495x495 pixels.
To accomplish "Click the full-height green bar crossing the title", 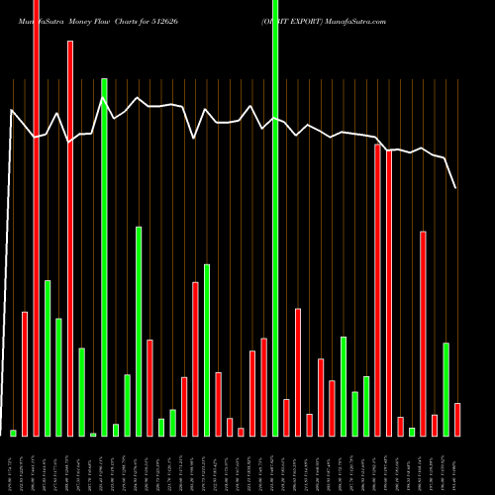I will point(275,218).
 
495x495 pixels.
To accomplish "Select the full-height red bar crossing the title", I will point(36,218).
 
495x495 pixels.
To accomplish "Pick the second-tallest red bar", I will point(69,238).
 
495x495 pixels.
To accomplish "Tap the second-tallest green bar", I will point(104,257).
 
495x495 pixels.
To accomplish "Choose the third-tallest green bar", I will point(139,332).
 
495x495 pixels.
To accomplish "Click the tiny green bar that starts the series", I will point(13,433).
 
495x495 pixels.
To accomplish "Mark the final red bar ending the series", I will point(457,420).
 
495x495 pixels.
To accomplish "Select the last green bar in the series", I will point(445,389).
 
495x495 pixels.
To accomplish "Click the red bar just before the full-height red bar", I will point(25,374).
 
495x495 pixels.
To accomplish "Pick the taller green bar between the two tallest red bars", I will point(48,358).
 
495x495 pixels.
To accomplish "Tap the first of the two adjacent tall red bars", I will point(378,290).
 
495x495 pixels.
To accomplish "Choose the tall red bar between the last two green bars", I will point(423,334).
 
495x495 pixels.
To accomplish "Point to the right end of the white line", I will point(456,187).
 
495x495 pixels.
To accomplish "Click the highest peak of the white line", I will point(103,97).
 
